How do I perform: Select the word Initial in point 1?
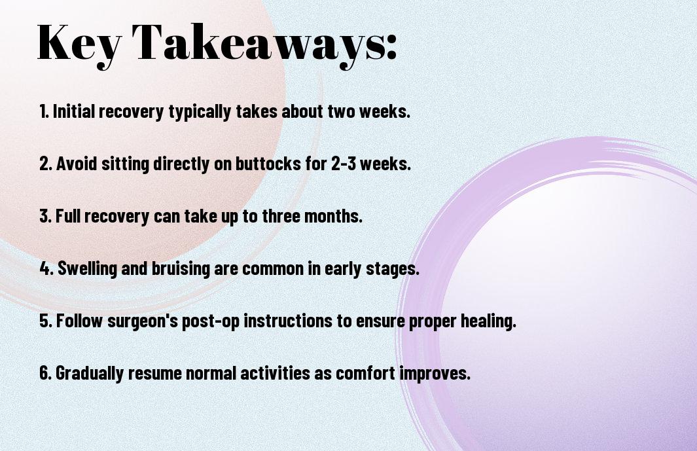click(x=74, y=111)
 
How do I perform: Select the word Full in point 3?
click(x=68, y=216)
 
